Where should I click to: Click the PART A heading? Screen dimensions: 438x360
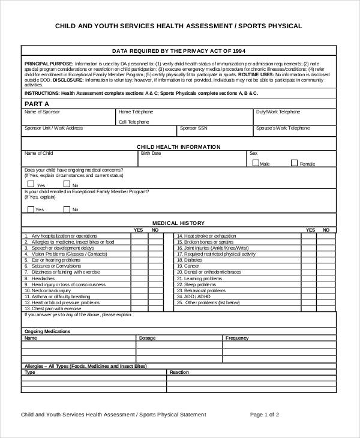coord(37,104)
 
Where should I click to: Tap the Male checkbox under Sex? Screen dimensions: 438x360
coord(256,163)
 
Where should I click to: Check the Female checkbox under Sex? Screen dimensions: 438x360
coord(294,163)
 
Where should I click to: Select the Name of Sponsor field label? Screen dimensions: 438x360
coord(41,112)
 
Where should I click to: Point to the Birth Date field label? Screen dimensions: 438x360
coord(151,154)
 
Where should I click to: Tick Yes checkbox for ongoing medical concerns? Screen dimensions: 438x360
coord(31,185)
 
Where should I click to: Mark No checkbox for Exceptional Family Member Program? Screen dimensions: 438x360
coord(67,209)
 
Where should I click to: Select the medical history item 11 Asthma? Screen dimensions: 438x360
coord(58,296)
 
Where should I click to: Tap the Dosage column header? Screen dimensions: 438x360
coord(147,338)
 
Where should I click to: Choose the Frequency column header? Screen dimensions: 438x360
coord(237,338)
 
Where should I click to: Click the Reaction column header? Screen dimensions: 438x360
coord(179,373)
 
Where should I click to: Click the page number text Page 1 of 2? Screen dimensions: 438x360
coord(264,415)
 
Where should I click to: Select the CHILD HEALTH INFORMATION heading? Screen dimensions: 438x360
coord(178,146)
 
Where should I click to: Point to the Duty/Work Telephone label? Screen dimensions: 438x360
coord(278,112)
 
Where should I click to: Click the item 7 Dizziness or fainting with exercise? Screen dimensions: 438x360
coord(65,272)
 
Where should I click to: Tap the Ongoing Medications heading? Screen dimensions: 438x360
coord(47,331)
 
